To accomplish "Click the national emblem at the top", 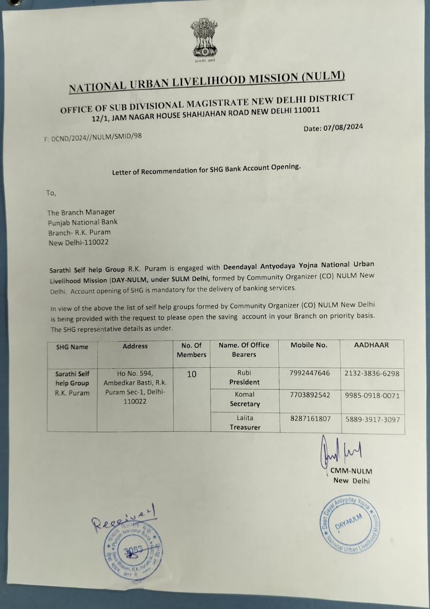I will tap(204, 40).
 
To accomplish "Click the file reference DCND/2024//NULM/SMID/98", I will tap(93, 137).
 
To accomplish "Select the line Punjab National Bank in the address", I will tap(82, 222).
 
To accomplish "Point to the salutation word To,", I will tap(51, 193).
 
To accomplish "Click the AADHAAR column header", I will tap(371, 345).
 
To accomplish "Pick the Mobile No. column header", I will tap(309, 345).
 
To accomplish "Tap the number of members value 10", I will tap(192, 374).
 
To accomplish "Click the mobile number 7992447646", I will tap(309, 373).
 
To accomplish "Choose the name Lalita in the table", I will tap(245, 418).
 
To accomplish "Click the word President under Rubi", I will tap(244, 382).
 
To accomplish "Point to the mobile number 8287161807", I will tap(310, 419).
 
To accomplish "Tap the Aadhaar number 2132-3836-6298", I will tap(371, 373).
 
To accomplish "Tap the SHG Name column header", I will tap(72, 347).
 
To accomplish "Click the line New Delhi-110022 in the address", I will tap(78, 243).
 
